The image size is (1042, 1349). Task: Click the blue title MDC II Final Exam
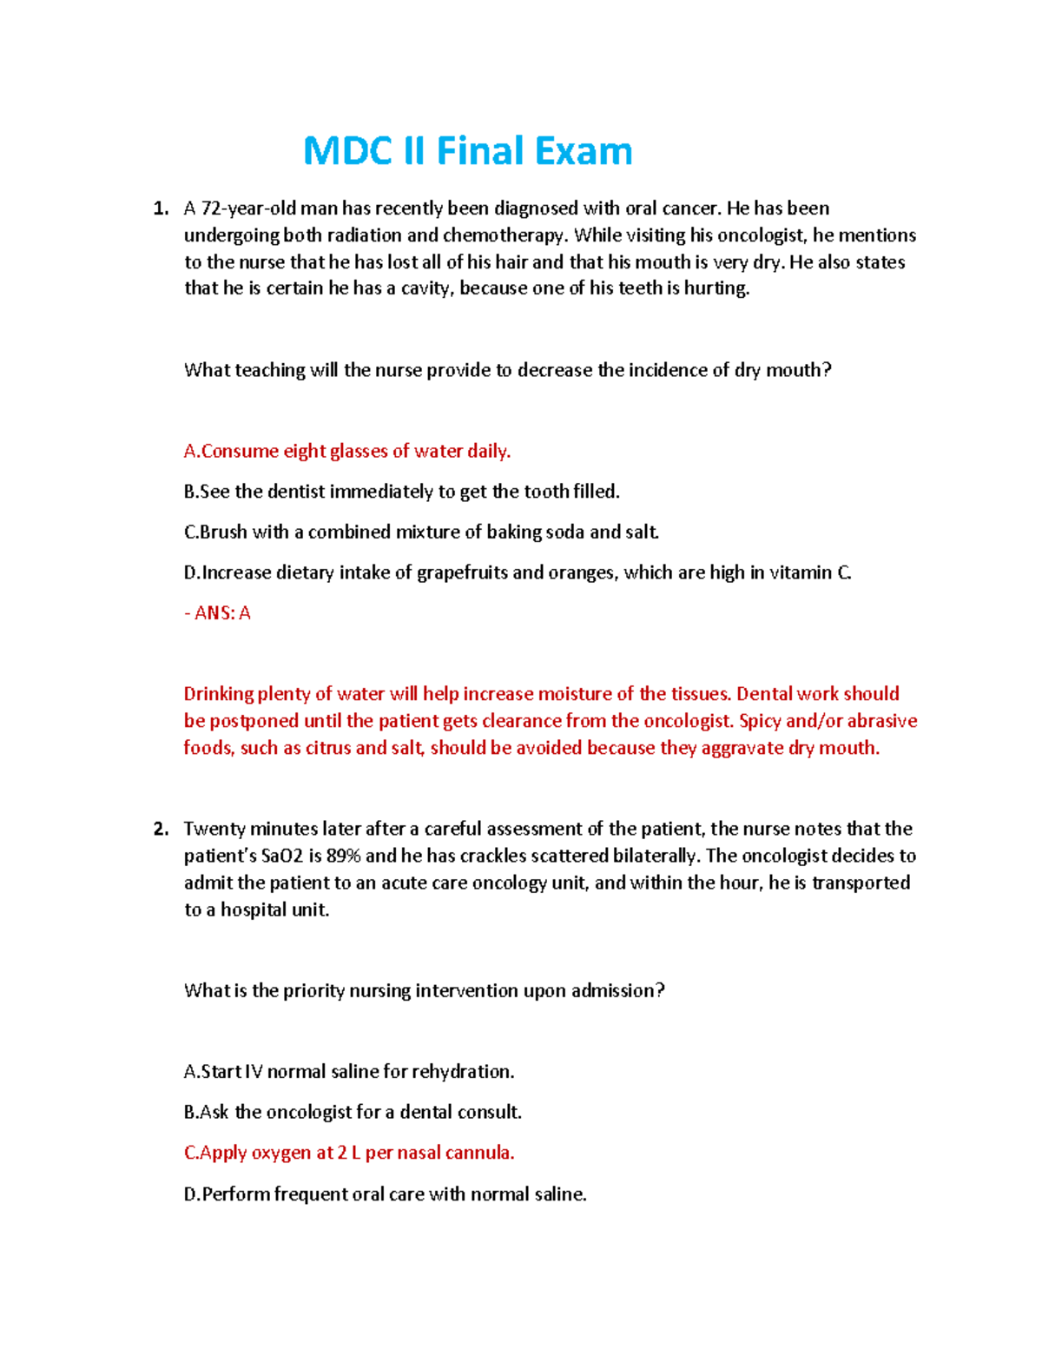click(467, 151)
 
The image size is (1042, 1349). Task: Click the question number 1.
click(160, 208)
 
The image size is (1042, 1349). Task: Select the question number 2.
click(160, 829)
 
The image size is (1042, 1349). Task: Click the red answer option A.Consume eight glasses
click(346, 451)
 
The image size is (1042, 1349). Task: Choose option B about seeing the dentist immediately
click(401, 492)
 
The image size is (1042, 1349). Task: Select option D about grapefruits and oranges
click(518, 572)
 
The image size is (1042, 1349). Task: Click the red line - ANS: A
click(217, 613)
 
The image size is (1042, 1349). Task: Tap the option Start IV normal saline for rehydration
click(349, 1072)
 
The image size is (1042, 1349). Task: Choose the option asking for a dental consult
click(353, 1112)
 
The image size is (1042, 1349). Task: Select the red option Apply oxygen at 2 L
click(349, 1153)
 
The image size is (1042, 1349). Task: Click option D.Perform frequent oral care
click(386, 1194)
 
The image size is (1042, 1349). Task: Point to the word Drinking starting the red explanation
click(218, 694)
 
